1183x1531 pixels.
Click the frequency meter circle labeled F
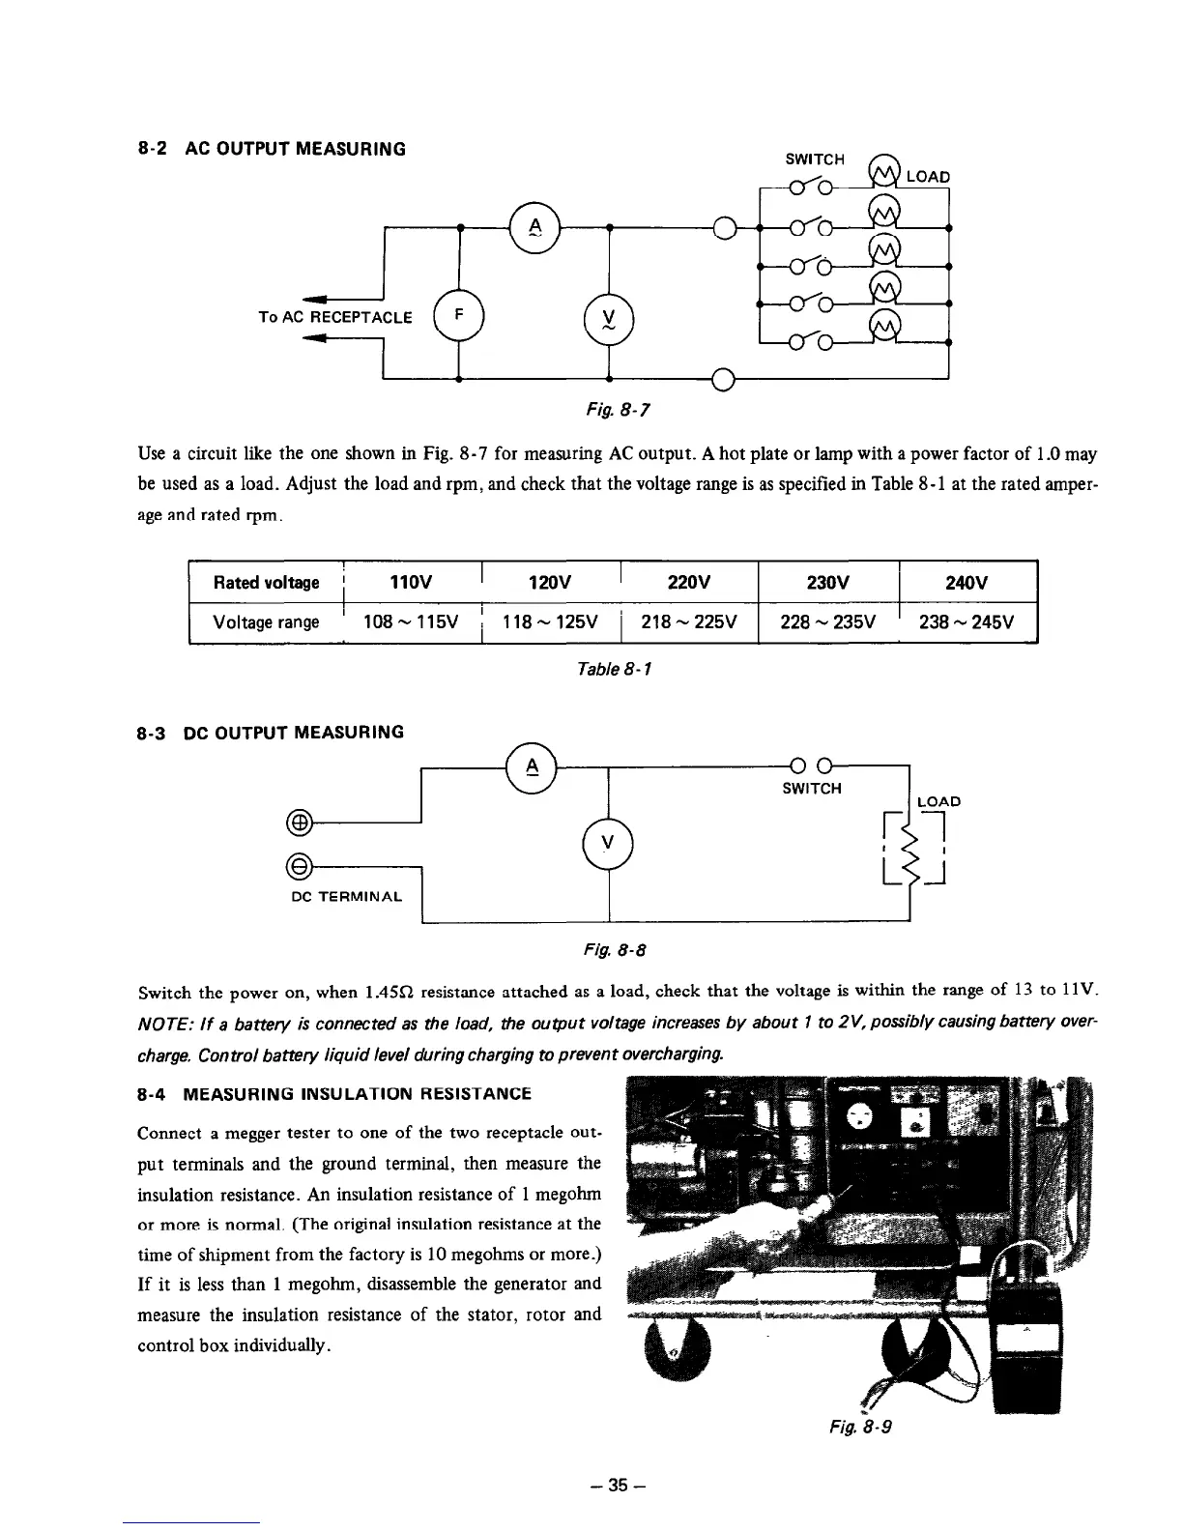[x=459, y=315]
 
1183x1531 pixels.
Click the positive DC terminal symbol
[x=300, y=823]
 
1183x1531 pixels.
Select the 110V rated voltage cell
[x=410, y=582]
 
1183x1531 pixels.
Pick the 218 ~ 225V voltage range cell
[x=689, y=621]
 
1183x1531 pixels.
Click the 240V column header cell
[x=967, y=582]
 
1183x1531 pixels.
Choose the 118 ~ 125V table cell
[x=549, y=621]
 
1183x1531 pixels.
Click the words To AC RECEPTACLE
[x=335, y=316]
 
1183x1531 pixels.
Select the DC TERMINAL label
[x=347, y=897]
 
